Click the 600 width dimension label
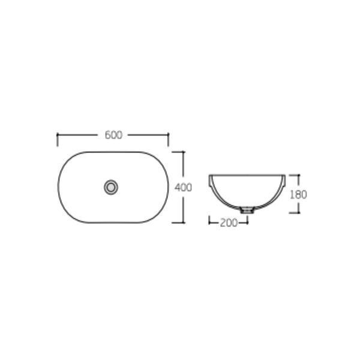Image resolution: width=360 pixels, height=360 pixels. tap(113, 135)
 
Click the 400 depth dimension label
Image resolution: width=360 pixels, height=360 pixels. tap(183, 188)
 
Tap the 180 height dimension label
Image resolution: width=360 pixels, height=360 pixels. tap(298, 194)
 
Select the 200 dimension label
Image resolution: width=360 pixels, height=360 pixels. tap(229, 223)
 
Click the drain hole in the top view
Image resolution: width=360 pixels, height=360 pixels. tap(111, 187)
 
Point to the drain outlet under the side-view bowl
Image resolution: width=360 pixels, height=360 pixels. tap(247, 210)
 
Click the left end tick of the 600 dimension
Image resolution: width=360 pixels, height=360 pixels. tap(57, 139)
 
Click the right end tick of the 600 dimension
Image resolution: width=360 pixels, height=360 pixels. tap(168, 139)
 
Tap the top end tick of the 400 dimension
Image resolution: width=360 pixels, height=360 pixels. tap(178, 152)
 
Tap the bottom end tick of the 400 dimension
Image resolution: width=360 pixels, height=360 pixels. tap(178, 223)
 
